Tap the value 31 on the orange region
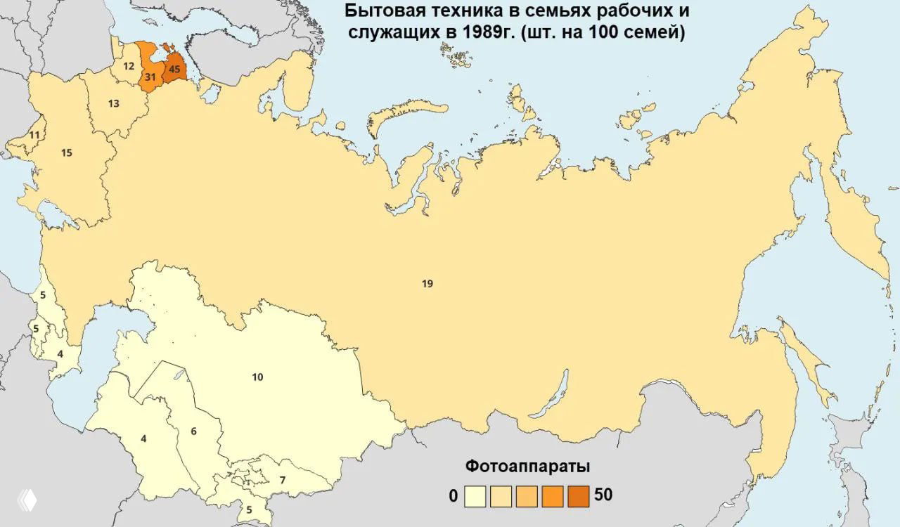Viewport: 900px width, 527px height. tap(150, 76)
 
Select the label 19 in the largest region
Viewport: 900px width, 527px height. tap(427, 284)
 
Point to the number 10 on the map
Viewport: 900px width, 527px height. tap(257, 377)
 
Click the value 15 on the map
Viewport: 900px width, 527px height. tap(67, 152)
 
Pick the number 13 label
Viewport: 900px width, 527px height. tap(114, 103)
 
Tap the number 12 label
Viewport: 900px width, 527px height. tap(129, 66)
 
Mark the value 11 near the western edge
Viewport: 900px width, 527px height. tap(34, 135)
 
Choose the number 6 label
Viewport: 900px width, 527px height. tap(193, 431)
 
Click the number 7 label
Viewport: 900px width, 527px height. tap(282, 481)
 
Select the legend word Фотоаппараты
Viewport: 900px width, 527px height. tap(527, 467)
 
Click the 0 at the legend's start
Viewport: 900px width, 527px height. tap(454, 496)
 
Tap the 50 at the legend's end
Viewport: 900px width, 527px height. tap(603, 495)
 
